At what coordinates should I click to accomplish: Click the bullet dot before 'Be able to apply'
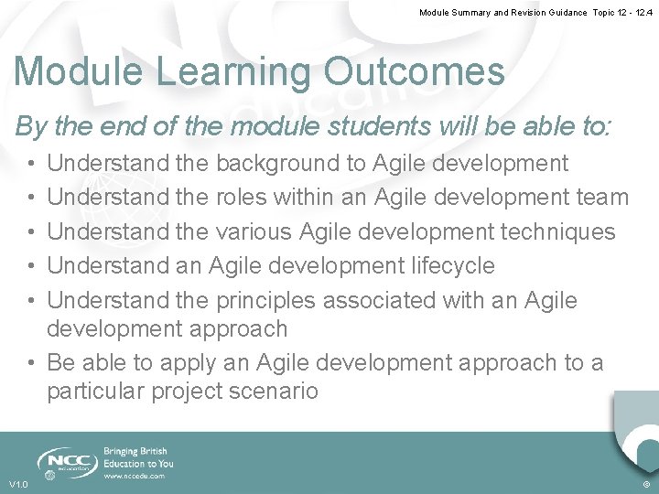[32, 363]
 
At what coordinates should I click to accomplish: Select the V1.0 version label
[18, 484]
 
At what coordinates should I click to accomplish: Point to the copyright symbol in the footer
[646, 484]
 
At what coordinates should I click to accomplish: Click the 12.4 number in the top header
[641, 13]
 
